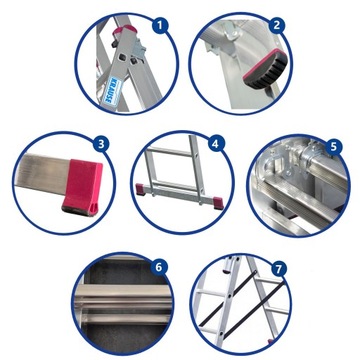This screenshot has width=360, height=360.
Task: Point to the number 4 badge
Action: pos(214,144)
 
